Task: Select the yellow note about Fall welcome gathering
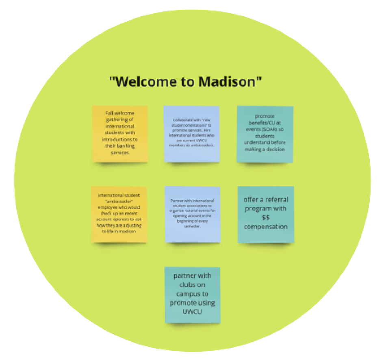tap(120, 134)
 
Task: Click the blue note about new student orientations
tap(191, 134)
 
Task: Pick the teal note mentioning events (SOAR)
tap(265, 134)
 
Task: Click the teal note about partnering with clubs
tap(192, 294)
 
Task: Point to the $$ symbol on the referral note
tap(266, 218)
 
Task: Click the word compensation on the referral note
tap(266, 227)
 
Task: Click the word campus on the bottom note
tap(192, 294)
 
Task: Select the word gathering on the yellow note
tap(120, 119)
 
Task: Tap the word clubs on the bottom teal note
tap(192, 285)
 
